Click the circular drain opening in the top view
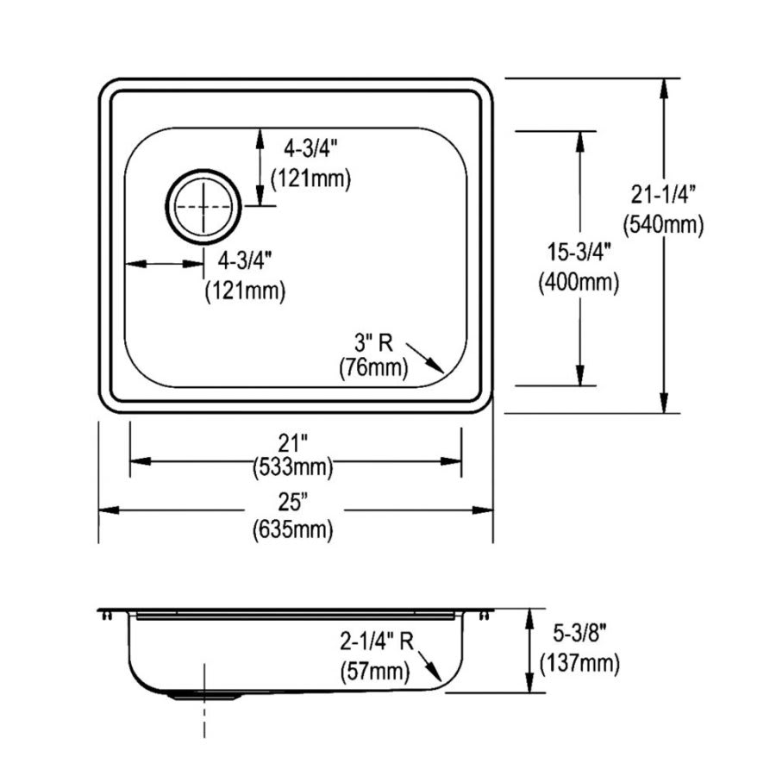(204, 206)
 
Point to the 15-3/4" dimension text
(579, 252)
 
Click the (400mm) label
(579, 282)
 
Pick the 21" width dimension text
(293, 443)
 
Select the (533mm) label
(293, 467)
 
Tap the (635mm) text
(293, 529)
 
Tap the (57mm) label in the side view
(376, 667)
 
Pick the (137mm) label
(579, 663)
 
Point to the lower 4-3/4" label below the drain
(245, 259)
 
